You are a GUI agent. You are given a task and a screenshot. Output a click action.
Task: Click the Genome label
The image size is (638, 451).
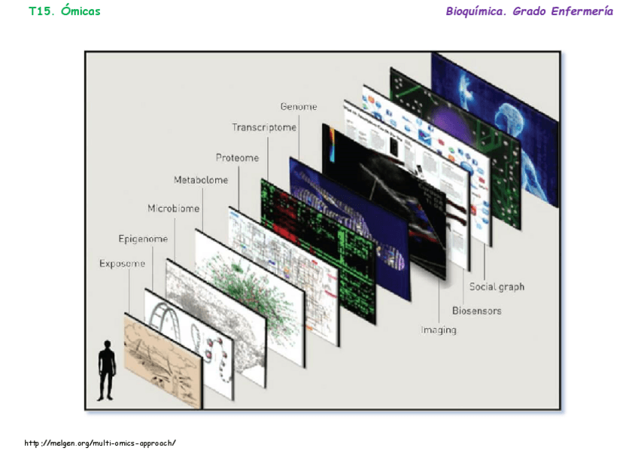pos(298,107)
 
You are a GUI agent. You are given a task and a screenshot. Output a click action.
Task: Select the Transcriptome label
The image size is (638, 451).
pos(263,127)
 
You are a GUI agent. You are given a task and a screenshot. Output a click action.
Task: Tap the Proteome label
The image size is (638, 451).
pos(237,157)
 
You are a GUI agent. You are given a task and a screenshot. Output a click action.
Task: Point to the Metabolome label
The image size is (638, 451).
pos(201,180)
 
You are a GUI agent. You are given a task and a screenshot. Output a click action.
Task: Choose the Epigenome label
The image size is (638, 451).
pos(143,239)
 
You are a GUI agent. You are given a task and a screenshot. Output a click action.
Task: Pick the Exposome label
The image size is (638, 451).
pos(122,264)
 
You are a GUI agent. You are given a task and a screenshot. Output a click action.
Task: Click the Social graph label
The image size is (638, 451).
pos(497,287)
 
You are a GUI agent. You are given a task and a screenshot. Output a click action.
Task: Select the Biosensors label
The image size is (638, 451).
pos(476,310)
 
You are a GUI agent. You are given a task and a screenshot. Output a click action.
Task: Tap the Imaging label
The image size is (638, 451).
pos(438,330)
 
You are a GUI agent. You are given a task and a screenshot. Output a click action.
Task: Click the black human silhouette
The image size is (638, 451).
pos(107,370)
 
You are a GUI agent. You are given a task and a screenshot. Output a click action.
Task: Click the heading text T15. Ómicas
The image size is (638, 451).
pos(64,11)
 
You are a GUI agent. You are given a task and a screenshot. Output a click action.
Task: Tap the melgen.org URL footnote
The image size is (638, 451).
pos(100,443)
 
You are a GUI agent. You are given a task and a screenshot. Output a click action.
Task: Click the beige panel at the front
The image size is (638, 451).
pos(162,361)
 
